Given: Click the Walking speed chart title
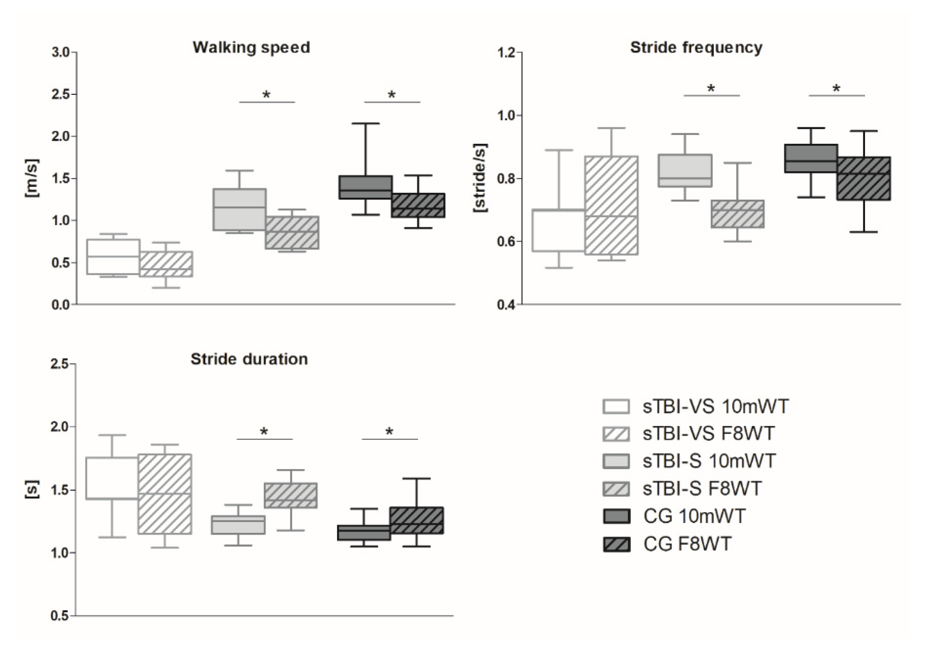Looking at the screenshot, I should (x=251, y=47).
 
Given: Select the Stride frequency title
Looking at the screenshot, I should (x=696, y=47).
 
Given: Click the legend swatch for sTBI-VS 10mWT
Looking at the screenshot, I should (x=616, y=407).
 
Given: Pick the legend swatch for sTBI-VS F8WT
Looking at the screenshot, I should (x=616, y=434).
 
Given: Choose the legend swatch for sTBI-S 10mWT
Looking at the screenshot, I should (x=616, y=461).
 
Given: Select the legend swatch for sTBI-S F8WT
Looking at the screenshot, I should (x=616, y=488).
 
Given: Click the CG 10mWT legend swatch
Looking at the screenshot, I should (x=616, y=516).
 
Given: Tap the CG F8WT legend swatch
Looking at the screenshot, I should (x=616, y=544).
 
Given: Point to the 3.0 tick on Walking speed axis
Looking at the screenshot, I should (x=61, y=52).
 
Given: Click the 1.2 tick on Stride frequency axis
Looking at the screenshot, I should (x=506, y=52).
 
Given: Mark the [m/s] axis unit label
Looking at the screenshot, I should (x=32, y=178).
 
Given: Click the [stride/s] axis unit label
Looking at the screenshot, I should (x=480, y=178).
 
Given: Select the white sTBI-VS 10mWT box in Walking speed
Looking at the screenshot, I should (x=113, y=257).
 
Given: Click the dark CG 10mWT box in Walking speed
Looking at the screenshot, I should (x=365, y=187).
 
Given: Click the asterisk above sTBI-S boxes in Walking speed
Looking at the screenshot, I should (x=266, y=95).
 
